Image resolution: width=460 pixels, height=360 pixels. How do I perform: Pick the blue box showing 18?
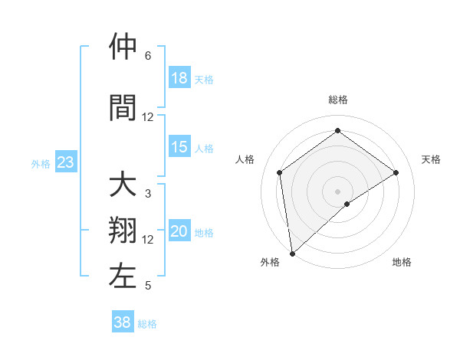tap(179, 79)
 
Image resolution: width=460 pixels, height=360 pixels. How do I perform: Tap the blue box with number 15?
tap(179, 148)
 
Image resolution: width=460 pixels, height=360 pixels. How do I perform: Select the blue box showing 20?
tap(179, 232)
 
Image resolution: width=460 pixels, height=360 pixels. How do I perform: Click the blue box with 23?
tap(65, 162)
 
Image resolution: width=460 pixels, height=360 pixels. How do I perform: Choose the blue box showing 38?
tap(123, 323)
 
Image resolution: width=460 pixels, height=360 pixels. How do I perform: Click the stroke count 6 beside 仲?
tap(148, 56)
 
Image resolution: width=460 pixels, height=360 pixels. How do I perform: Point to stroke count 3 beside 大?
tap(148, 194)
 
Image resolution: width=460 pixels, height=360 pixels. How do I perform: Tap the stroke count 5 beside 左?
tap(148, 286)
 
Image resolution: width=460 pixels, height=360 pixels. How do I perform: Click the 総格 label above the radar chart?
tap(338, 100)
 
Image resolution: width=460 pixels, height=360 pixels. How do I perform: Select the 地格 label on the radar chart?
tap(402, 262)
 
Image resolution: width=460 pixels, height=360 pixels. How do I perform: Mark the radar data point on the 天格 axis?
tap(396, 172)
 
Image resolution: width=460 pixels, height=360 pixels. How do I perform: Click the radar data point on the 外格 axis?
tap(292, 253)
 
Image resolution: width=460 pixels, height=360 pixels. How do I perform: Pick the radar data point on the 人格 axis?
tap(280, 172)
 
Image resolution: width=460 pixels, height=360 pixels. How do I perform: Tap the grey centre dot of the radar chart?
tap(338, 191)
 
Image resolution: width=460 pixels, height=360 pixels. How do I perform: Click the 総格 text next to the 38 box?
tap(147, 324)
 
